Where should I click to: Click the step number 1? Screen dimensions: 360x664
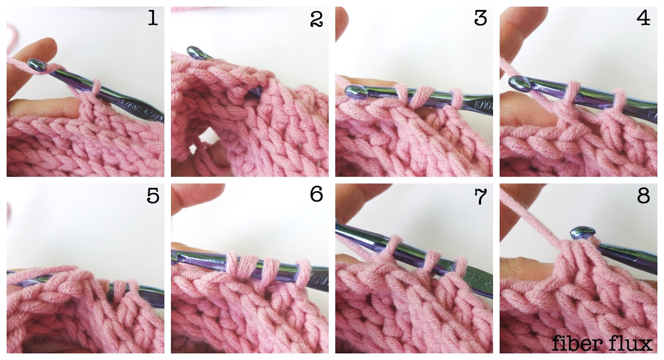pos(153,19)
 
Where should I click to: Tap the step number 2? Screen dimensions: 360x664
pos(316,19)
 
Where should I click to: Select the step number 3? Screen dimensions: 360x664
pos(480,19)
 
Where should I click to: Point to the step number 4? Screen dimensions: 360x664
pos(643,19)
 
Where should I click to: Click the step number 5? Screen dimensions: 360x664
pos(153,195)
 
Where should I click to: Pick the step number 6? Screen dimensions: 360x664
pos(316,194)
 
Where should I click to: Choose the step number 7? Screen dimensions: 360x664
pos(480,196)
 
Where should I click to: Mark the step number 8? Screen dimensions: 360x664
pos(643,195)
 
